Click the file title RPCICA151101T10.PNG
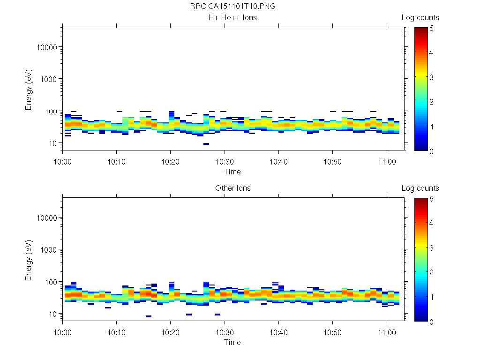point(232,7)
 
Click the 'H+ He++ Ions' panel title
point(232,18)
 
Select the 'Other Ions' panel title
point(232,188)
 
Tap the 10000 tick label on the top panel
point(45,47)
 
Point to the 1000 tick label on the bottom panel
point(48,250)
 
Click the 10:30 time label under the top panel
point(225,161)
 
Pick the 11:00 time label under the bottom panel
point(386,332)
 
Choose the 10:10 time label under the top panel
point(117,161)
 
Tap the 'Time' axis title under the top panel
point(232,172)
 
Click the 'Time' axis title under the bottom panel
point(232,342)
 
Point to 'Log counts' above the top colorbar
point(420,18)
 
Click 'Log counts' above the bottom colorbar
point(420,188)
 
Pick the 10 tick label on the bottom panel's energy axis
point(52,314)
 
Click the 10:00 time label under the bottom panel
point(63,332)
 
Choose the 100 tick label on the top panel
point(50,112)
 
